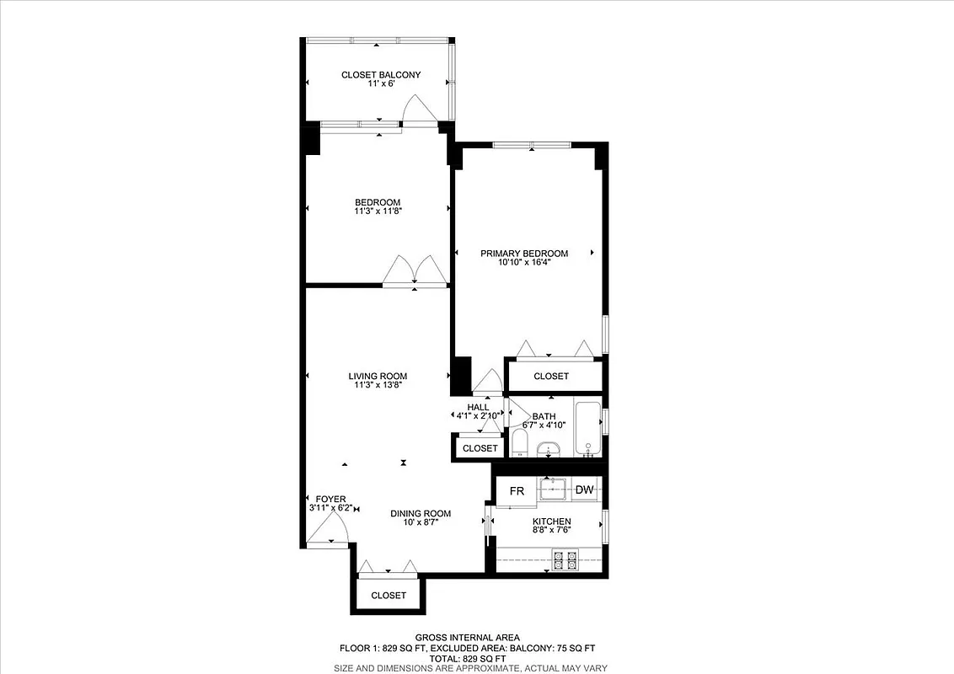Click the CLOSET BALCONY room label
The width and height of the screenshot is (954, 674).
[x=380, y=75]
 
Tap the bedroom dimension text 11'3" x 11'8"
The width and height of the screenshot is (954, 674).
[x=378, y=211]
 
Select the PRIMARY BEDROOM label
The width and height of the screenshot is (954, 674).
[x=524, y=253]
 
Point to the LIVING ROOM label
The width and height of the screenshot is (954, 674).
[x=378, y=377]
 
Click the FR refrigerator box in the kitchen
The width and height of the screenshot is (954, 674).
[x=517, y=490]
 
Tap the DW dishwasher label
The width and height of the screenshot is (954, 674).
[x=584, y=489]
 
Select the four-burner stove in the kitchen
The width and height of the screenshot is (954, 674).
[x=564, y=559]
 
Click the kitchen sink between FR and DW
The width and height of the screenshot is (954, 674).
[x=556, y=489]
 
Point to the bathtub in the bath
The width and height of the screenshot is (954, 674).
[x=587, y=429]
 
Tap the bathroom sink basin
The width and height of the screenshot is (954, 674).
[x=549, y=448]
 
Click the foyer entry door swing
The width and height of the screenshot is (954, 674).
[x=327, y=531]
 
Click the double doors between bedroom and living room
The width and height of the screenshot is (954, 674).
[x=415, y=271]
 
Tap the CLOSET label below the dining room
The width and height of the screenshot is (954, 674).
[x=389, y=595]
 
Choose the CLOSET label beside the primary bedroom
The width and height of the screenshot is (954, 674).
[x=551, y=376]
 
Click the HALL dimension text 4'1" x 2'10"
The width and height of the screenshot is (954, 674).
[x=478, y=415]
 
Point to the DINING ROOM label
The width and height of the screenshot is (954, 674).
[x=420, y=513]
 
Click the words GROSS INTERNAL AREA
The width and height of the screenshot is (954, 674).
[x=467, y=637]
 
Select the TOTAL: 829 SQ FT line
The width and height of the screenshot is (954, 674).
[x=467, y=658]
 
